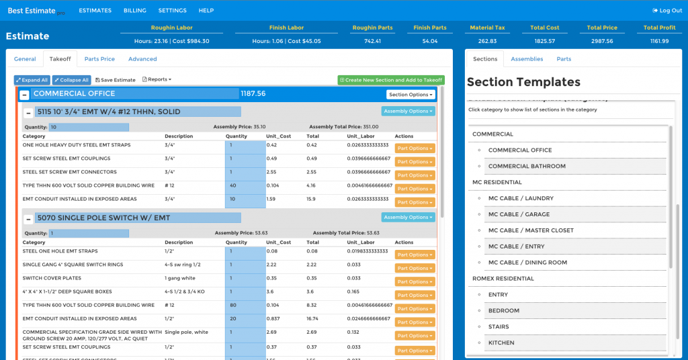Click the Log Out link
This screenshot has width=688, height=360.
point(667,11)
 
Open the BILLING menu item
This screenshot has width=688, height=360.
point(134,11)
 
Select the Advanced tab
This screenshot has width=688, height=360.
point(142,59)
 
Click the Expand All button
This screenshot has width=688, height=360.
point(32,80)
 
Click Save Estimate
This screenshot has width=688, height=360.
point(115,80)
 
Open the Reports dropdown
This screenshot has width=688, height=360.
point(157,80)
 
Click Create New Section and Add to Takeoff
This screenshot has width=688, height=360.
point(391,80)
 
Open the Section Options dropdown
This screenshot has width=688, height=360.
point(411,95)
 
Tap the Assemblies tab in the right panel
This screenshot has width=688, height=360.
point(527,59)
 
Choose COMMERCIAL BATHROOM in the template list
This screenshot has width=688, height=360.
point(527,166)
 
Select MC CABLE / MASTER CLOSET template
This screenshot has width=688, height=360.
point(531,230)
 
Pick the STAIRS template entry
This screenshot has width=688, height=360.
point(499,326)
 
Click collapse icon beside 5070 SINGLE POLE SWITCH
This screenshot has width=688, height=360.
point(28,218)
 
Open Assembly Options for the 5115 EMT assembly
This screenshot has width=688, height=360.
point(408,111)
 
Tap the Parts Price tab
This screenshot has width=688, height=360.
point(99,59)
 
